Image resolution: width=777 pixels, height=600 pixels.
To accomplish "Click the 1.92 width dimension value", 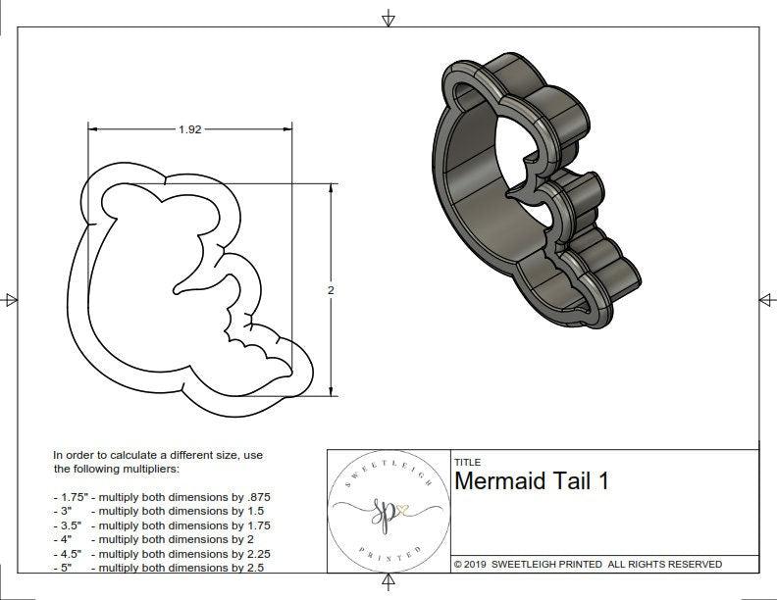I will tap(189, 129).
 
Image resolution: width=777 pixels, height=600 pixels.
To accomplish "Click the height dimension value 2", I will tap(330, 290).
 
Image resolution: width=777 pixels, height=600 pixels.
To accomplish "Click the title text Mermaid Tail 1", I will tap(531, 481).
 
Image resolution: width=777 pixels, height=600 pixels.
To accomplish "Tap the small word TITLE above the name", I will tap(466, 462).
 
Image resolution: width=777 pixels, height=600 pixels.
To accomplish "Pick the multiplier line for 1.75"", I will tap(168, 497).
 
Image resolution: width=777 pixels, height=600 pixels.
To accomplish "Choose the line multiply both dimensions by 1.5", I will tap(168, 511).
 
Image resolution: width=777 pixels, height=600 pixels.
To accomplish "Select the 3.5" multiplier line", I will tap(168, 525).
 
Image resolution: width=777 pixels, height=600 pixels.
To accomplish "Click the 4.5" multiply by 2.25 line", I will tap(168, 553).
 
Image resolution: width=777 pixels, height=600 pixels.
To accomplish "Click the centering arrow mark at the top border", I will tap(389, 18).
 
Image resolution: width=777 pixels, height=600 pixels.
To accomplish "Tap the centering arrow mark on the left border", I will tap(11, 299).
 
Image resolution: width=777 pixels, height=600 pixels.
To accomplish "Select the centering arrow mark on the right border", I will tap(766, 299).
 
